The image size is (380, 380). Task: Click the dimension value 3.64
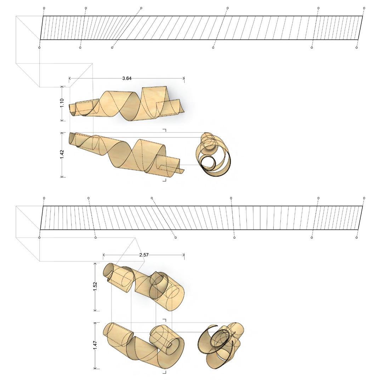click(x=127, y=78)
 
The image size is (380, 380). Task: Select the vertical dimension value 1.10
click(x=62, y=103)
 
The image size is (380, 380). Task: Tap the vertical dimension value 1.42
click(x=62, y=154)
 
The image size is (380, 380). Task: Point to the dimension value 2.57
click(x=144, y=255)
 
